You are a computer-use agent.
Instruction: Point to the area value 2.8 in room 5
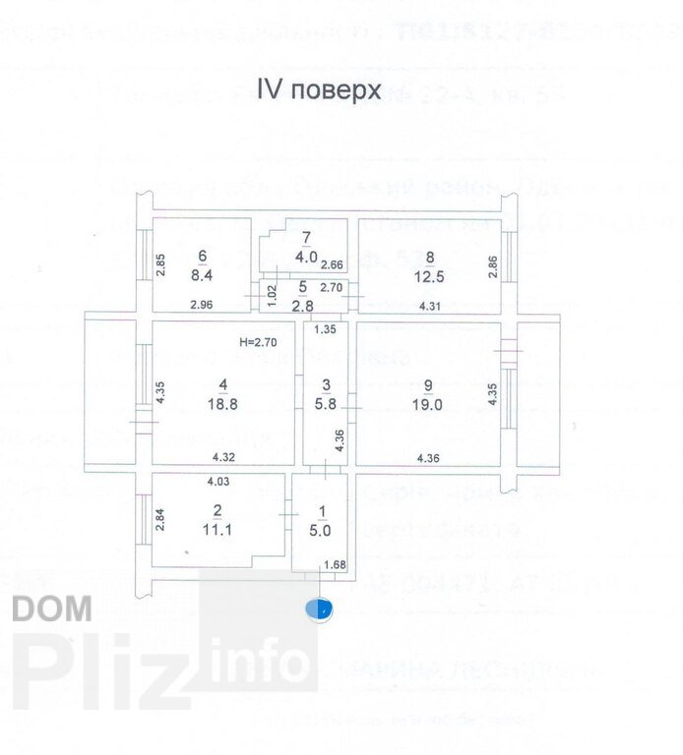(302, 305)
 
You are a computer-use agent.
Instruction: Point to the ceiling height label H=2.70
(259, 342)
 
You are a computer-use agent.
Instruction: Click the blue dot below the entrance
(319, 610)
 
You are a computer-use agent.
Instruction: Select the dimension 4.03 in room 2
(217, 481)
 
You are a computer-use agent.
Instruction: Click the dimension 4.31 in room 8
(431, 308)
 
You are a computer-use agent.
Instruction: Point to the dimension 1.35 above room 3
(325, 329)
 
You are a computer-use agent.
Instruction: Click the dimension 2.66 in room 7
(333, 263)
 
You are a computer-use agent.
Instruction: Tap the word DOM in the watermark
(53, 609)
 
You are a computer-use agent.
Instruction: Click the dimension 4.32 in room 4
(223, 457)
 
